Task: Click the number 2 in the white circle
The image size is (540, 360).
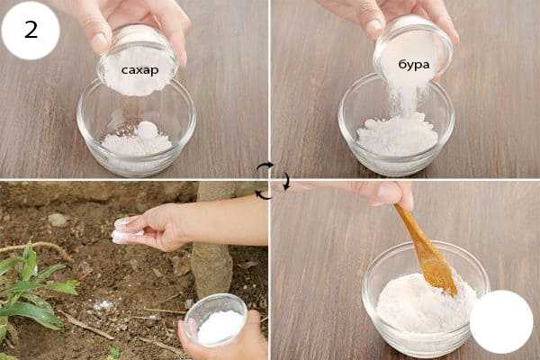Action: pyautogui.click(x=31, y=30)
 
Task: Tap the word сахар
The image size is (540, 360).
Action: pyautogui.click(x=139, y=70)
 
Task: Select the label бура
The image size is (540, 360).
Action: pyautogui.click(x=414, y=65)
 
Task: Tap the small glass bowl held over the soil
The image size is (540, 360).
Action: pyautogui.click(x=216, y=319)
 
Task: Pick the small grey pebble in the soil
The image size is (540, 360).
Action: pyautogui.click(x=57, y=220)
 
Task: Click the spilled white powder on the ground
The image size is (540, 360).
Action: pyautogui.click(x=103, y=305)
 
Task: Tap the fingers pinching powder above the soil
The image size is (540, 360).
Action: pyautogui.click(x=129, y=229)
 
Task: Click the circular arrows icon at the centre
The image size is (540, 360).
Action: pyautogui.click(x=273, y=181)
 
